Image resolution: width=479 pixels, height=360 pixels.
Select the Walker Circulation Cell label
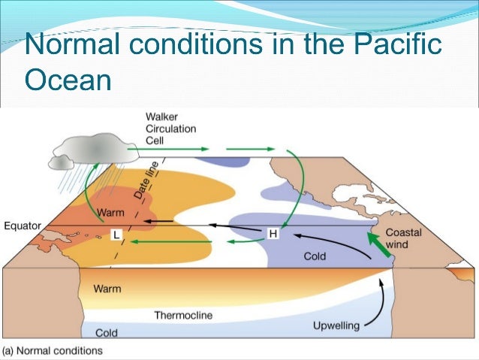(x=170, y=128)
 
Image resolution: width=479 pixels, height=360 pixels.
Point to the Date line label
(x=140, y=183)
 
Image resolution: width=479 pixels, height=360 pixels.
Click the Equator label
(x=22, y=225)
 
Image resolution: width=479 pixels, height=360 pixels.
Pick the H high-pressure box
(x=273, y=234)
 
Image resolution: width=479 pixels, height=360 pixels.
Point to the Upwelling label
(x=336, y=325)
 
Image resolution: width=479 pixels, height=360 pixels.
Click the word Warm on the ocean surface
(x=110, y=213)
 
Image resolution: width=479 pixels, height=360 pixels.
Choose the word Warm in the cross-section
(x=107, y=289)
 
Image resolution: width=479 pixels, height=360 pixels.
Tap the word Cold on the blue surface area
(x=315, y=256)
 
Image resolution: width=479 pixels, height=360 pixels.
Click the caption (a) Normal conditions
(x=52, y=351)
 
